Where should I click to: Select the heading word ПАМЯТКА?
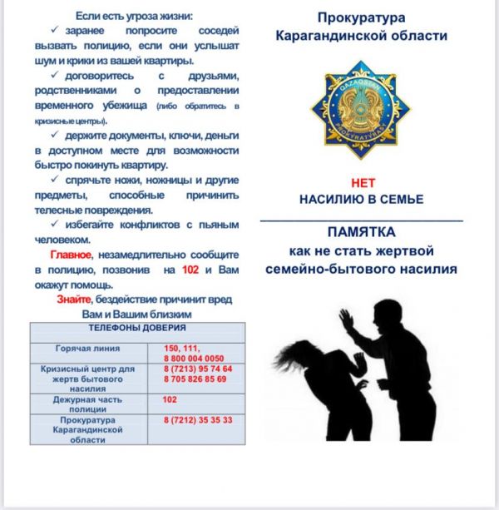pos(361,232)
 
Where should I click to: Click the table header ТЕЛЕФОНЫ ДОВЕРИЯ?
pos(138,329)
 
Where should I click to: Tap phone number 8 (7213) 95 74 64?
pos(198,369)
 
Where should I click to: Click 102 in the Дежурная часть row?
pos(170,399)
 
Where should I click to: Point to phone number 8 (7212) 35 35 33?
pos(198,420)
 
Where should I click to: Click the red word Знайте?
pos(74,300)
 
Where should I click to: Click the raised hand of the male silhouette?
pos(346,319)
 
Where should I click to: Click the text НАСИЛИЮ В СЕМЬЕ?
pos(362,200)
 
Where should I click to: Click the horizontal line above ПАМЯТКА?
pos(361,220)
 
